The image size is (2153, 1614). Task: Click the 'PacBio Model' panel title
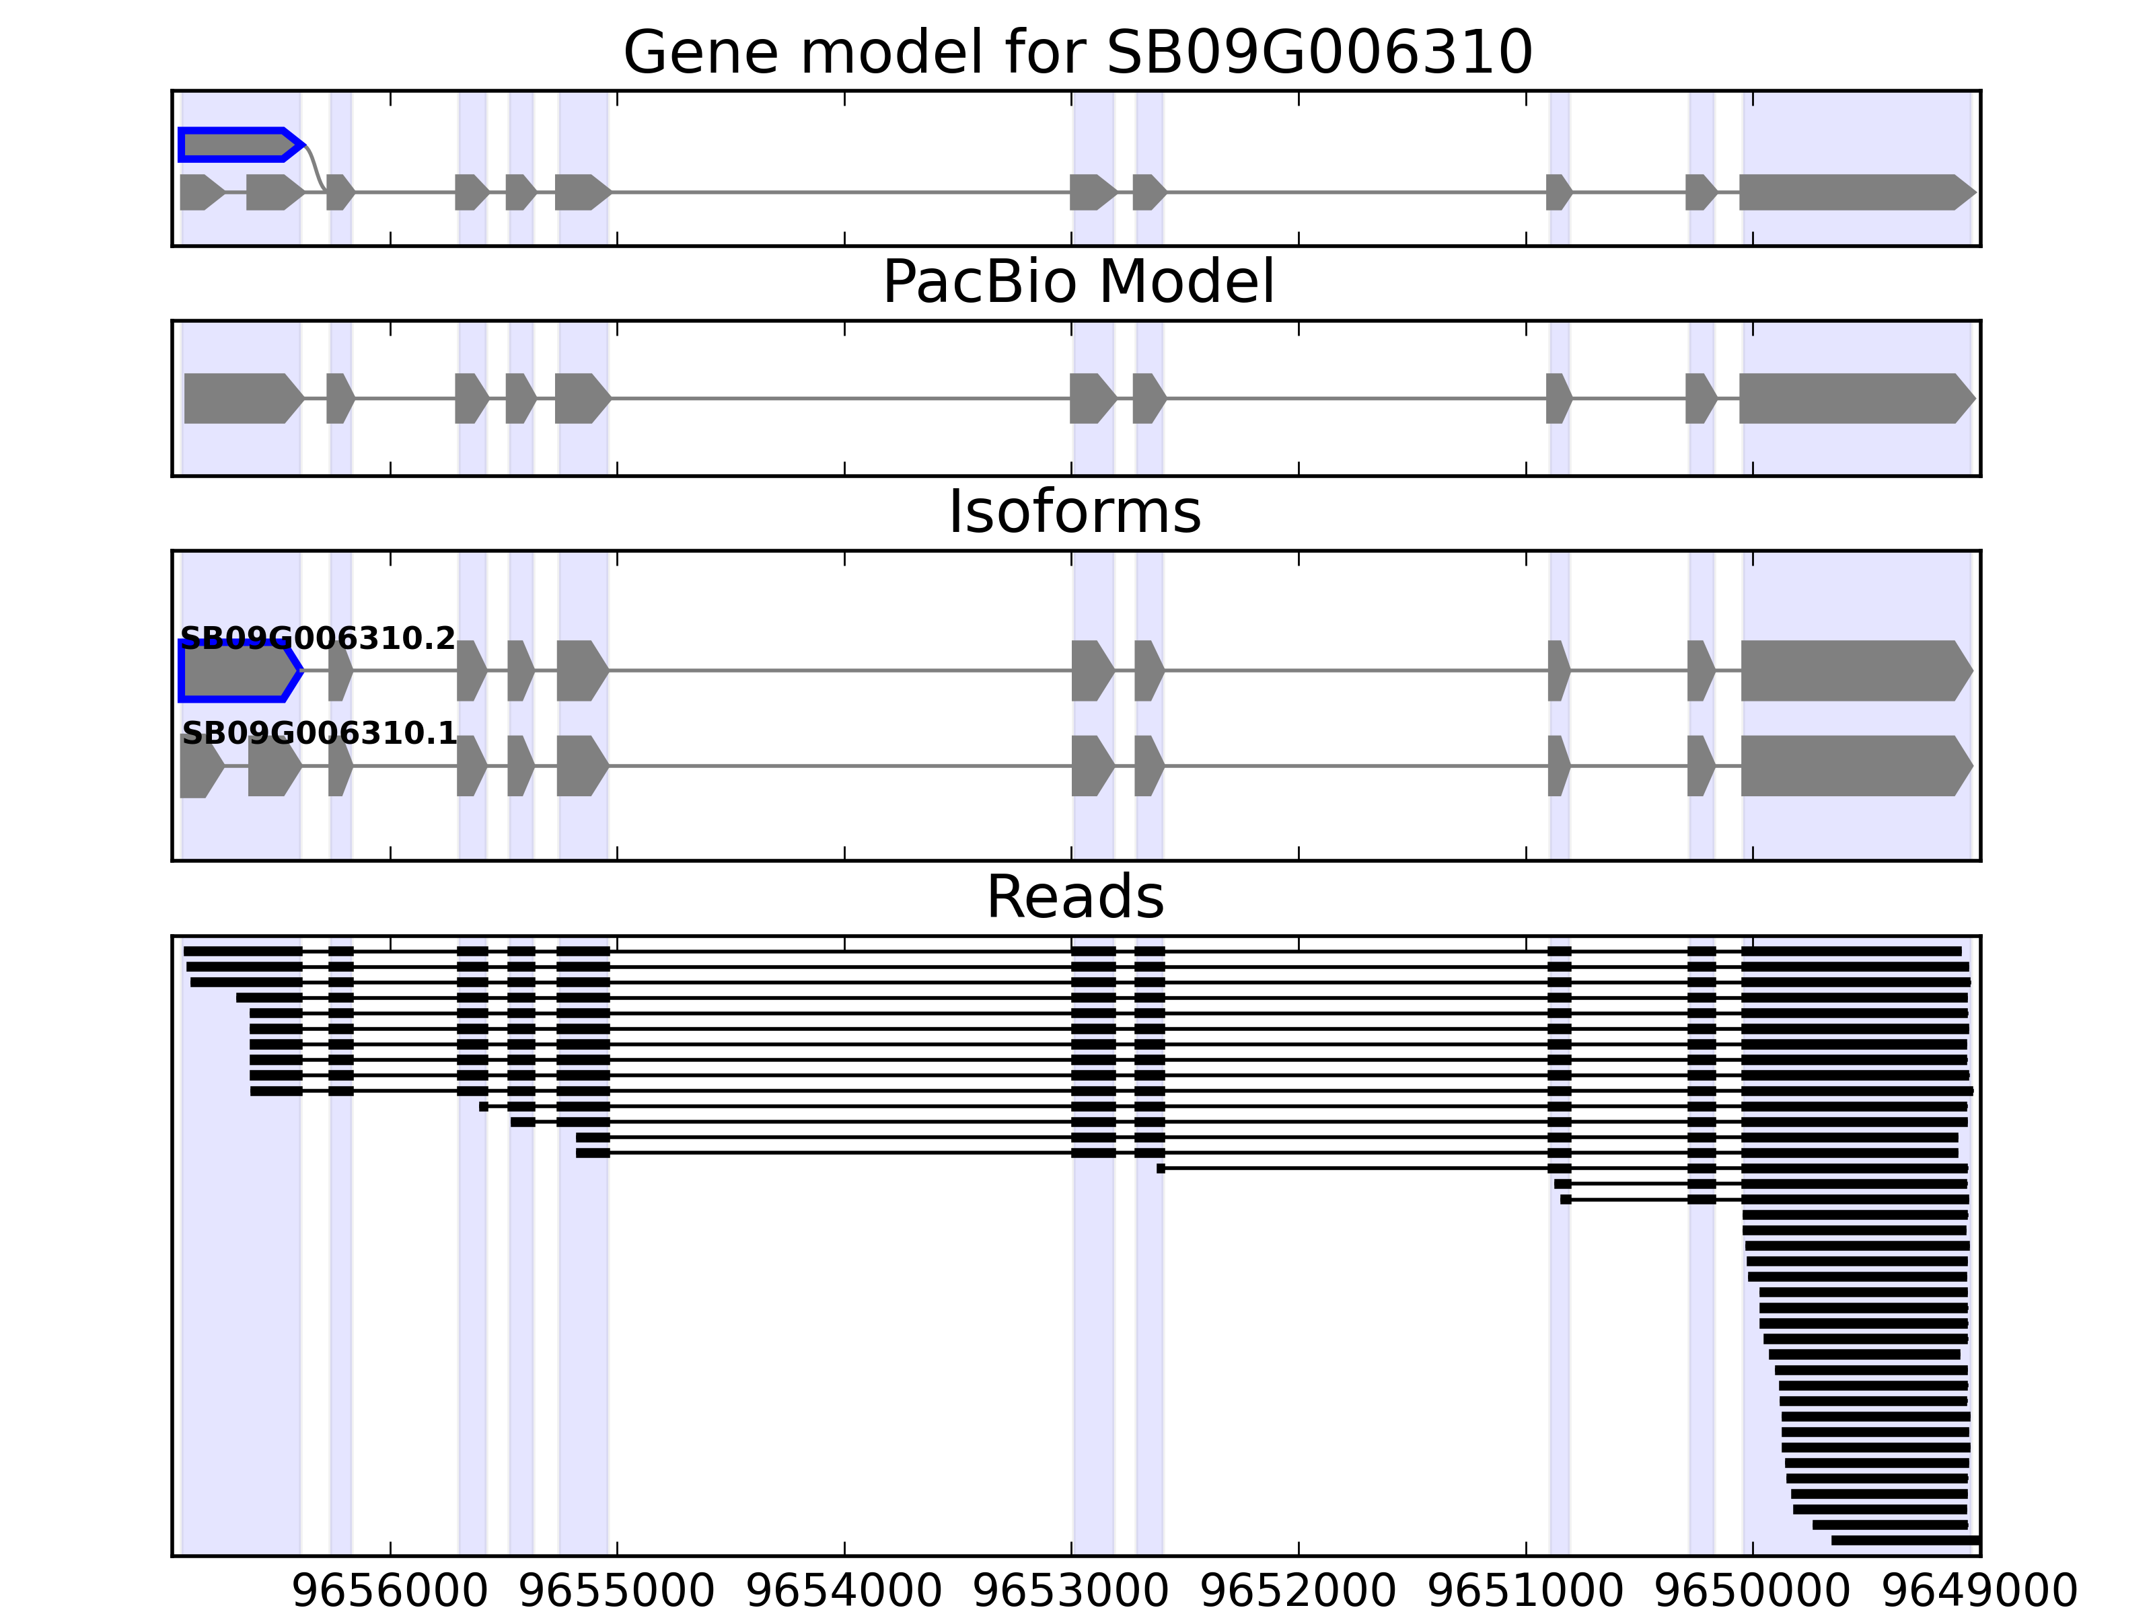[x=1076, y=282]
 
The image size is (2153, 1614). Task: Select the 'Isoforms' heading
[x=1074, y=512]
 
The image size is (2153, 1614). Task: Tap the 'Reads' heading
[x=1074, y=897]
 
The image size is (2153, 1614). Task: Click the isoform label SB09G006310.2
[x=318, y=639]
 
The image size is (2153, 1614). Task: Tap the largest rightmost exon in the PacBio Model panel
[x=1854, y=399]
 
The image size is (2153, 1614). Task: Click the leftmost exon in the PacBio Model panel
[x=242, y=399]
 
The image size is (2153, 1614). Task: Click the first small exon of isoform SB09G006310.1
[x=200, y=767]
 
